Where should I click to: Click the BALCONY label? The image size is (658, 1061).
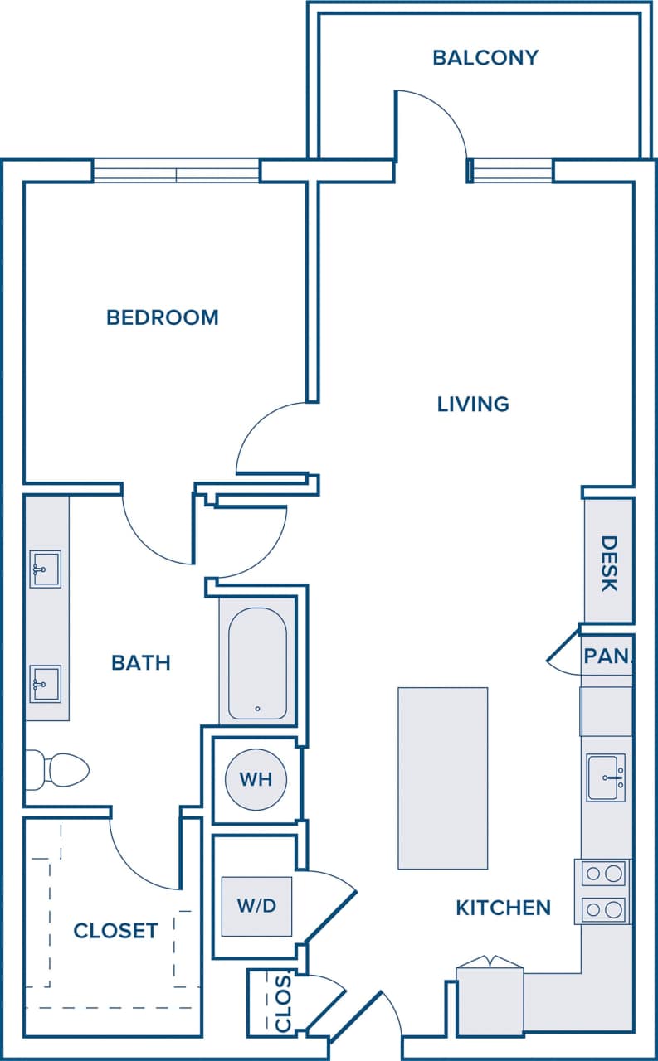485,58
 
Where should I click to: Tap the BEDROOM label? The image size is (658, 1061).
163,317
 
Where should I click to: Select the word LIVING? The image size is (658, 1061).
473,404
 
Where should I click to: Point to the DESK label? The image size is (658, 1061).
609,564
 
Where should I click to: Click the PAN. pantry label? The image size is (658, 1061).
607,656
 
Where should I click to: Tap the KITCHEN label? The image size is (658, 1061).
503,908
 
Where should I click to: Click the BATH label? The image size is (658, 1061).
141,662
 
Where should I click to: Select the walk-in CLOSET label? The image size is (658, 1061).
115,931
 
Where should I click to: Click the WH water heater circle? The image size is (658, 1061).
256,779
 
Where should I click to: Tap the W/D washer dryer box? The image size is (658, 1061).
256,906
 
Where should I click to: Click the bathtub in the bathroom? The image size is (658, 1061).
257,663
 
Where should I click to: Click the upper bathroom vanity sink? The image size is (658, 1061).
45,569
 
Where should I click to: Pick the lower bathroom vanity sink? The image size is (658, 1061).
45,683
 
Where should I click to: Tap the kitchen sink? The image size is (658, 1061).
606,778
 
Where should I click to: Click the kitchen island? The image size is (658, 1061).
442,778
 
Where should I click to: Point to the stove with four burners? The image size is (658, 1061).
602,891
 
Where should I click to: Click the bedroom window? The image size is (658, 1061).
176,171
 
